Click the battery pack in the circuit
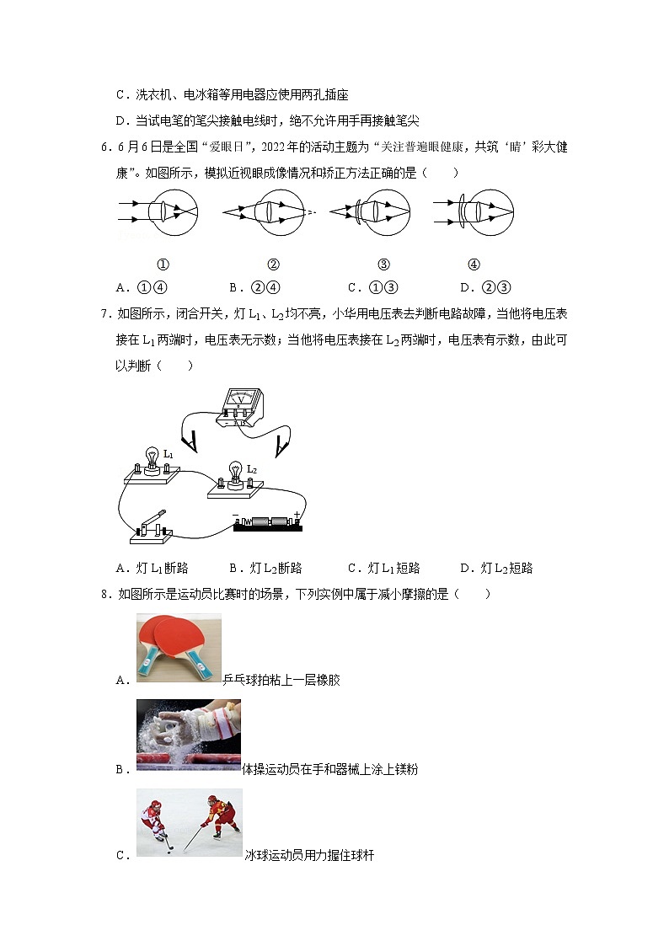coord(268,522)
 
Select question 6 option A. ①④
coord(149,286)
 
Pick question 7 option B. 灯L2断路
coord(265,568)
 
